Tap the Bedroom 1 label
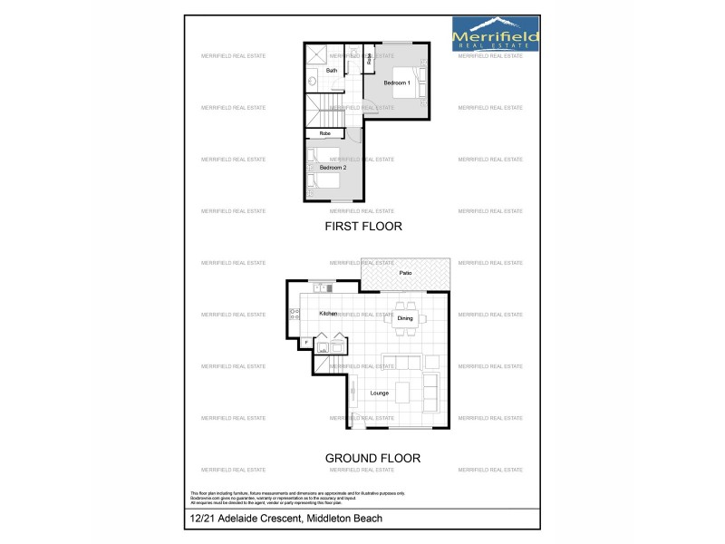click(x=397, y=83)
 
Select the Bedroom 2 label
click(x=333, y=168)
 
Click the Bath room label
click(x=332, y=70)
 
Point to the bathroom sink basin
click(x=312, y=82)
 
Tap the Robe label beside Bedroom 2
click(x=324, y=133)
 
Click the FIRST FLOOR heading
click(x=362, y=227)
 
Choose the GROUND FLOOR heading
click(x=372, y=458)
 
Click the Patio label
click(x=405, y=272)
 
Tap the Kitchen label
click(x=328, y=314)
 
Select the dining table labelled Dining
click(x=405, y=318)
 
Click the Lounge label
click(x=380, y=393)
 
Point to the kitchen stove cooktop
click(x=295, y=315)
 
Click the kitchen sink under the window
click(x=322, y=288)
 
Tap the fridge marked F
click(x=306, y=342)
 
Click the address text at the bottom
click(x=286, y=519)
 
